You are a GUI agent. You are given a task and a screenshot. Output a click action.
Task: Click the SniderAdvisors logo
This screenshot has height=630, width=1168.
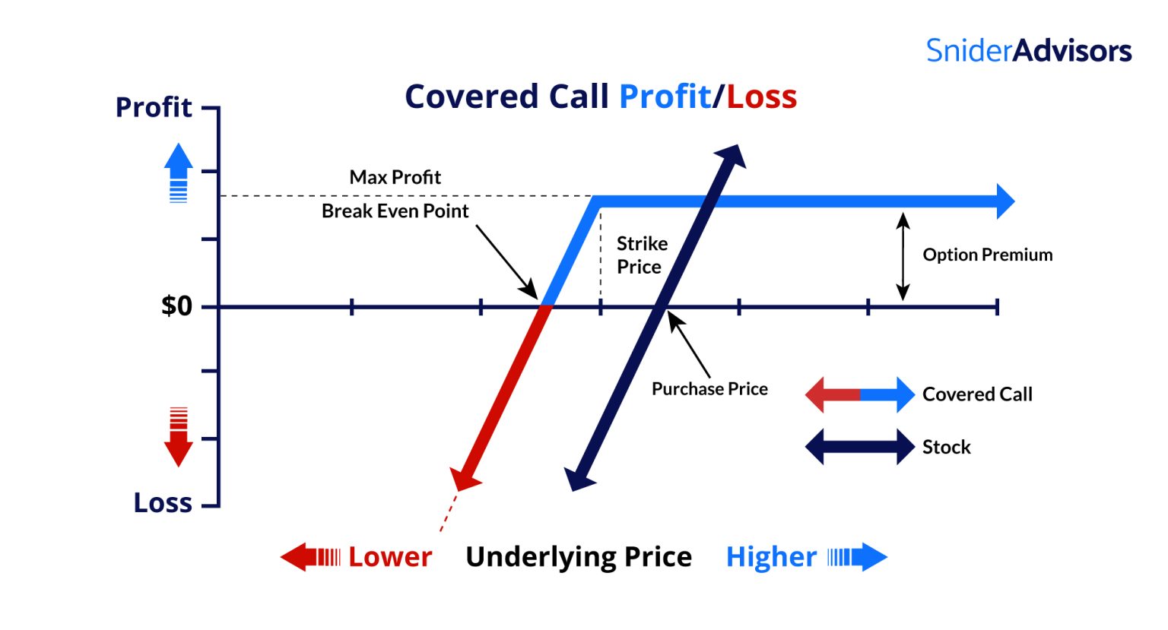coord(1028,51)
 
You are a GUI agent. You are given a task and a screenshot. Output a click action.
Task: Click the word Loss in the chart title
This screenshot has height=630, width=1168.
coord(761,97)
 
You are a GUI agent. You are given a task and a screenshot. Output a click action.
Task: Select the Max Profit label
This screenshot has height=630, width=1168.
coord(395,177)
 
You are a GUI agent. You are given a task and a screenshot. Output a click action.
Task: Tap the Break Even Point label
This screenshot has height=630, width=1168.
coord(395,211)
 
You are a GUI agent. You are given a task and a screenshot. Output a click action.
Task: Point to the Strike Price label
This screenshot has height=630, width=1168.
coord(641,255)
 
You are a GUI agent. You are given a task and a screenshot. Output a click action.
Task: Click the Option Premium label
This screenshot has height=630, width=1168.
coord(987,255)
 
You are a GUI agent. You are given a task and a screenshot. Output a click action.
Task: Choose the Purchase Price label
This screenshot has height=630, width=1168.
coord(709,389)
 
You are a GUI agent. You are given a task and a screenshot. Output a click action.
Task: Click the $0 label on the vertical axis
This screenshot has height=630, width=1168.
coord(176,306)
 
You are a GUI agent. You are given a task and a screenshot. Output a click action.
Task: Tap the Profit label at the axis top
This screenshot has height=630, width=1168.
coord(154,107)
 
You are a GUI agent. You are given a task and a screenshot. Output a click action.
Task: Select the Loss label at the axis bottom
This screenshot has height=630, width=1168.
coord(163,502)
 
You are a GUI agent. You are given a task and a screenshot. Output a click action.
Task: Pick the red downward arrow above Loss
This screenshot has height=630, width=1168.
coord(179,438)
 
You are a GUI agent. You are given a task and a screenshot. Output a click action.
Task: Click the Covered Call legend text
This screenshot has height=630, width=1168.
coord(977,394)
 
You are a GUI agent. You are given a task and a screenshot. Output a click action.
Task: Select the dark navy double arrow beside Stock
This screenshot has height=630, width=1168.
coord(859,447)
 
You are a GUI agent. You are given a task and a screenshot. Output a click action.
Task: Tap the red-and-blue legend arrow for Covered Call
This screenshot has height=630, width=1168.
coord(859,394)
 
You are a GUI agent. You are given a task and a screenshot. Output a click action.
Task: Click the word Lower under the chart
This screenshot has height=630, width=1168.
coord(390,557)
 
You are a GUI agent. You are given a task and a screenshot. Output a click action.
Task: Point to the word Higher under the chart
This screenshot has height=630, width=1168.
coord(771,557)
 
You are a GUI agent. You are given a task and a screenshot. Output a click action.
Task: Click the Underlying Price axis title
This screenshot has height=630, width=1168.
coord(579,557)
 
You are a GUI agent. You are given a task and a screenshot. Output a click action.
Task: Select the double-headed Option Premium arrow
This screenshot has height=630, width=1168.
coord(903,256)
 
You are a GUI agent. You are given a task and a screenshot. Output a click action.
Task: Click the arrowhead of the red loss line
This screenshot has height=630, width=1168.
coord(464,477)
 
